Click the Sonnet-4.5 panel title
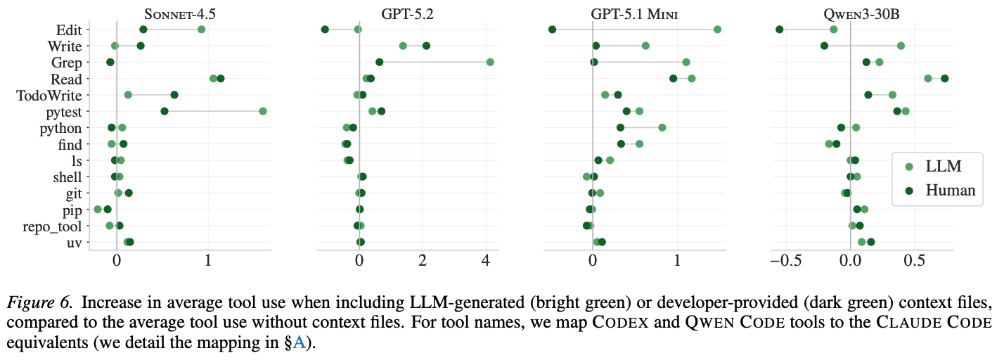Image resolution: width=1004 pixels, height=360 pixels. tap(179, 13)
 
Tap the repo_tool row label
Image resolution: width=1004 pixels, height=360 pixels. tap(56, 226)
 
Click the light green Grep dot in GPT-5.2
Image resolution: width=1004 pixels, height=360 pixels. tap(490, 63)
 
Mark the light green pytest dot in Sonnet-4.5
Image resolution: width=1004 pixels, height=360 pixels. tap(263, 111)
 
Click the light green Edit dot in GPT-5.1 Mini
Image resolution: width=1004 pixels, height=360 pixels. tap(717, 30)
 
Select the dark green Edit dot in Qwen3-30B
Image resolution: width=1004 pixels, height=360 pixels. tap(779, 30)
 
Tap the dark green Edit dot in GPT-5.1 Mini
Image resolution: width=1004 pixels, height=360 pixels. tap(552, 30)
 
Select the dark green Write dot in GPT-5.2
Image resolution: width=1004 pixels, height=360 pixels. tap(426, 46)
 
